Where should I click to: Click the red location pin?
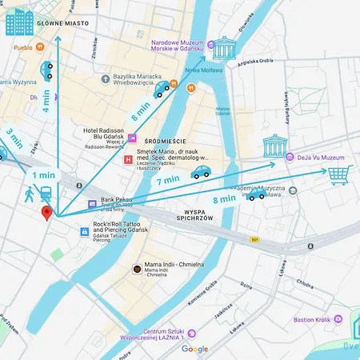pyautogui.click(x=46, y=212)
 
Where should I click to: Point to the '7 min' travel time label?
pyautogui.click(x=168, y=181)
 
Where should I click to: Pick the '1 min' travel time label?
pyautogui.click(x=44, y=174)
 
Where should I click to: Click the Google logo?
pyautogui.click(x=194, y=349)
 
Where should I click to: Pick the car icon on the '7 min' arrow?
pyautogui.click(x=200, y=171)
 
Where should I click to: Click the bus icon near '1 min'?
pyautogui.click(x=46, y=193)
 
